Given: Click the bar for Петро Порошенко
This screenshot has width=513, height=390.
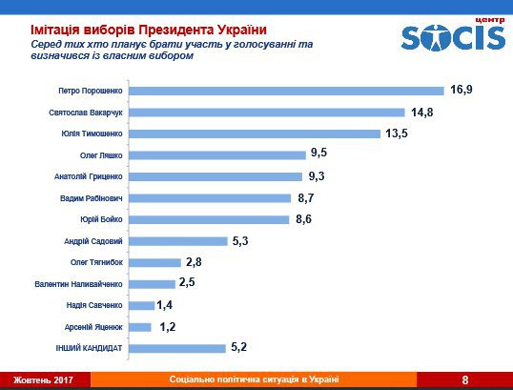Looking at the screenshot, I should pyautogui.click(x=286, y=91).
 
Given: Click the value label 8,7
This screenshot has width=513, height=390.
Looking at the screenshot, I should pyautogui.click(x=308, y=198).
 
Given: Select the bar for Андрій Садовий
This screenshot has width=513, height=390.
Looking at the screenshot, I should pyautogui.click(x=176, y=241).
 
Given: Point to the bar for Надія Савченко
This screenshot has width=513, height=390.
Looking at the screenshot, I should pyautogui.click(x=141, y=305).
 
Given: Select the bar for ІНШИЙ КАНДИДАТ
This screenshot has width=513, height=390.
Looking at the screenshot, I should pyautogui.click(x=175, y=348).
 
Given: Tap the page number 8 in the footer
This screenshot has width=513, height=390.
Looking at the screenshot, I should pyautogui.click(x=465, y=380).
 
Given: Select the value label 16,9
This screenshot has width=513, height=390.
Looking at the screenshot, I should pyautogui.click(x=462, y=91).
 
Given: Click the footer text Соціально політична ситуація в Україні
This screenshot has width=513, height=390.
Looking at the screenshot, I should pyautogui.click(x=254, y=380).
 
